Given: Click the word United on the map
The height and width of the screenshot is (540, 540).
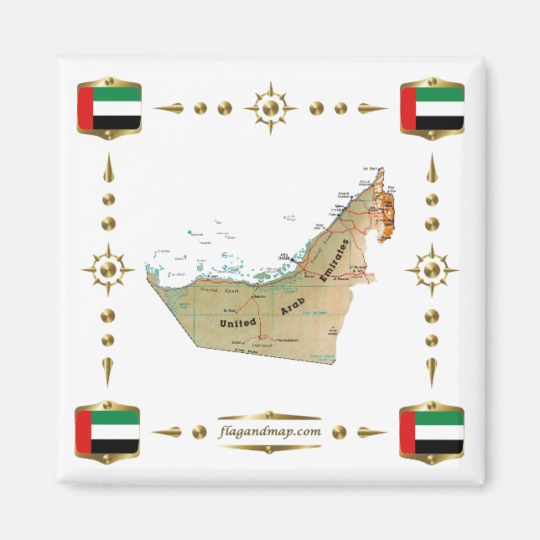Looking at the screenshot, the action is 238,321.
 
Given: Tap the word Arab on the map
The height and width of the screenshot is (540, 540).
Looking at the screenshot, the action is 294,303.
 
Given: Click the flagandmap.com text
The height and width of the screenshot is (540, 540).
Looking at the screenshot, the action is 268,432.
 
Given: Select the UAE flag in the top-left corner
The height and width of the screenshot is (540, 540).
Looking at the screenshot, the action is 109,108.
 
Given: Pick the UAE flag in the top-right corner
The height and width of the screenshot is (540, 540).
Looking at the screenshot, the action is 432,108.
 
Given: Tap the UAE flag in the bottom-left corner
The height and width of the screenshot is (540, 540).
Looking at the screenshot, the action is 107,431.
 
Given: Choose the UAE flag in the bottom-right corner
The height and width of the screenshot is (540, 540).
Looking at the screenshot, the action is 432,431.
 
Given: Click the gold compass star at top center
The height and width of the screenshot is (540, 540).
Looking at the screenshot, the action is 270,108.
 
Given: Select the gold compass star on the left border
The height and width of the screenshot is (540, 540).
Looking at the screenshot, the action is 107,270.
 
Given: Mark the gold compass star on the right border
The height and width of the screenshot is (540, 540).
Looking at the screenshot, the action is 431,270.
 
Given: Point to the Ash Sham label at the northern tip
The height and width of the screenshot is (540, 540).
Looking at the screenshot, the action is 375,168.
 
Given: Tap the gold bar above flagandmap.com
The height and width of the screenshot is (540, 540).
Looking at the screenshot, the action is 268,416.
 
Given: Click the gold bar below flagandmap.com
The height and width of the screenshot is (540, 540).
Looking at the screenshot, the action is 268,447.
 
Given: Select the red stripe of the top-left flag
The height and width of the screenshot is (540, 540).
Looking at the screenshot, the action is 85,108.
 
